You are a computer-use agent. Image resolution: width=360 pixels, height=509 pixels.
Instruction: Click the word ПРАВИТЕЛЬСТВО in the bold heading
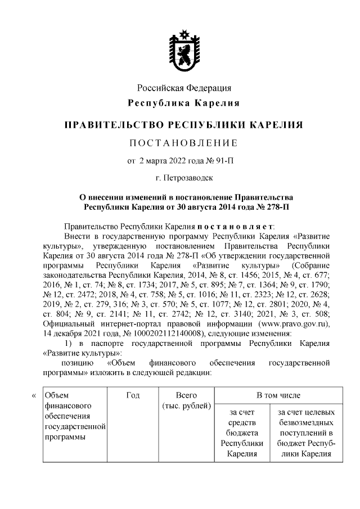107,124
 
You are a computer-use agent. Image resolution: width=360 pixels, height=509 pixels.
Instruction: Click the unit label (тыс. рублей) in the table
186,406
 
